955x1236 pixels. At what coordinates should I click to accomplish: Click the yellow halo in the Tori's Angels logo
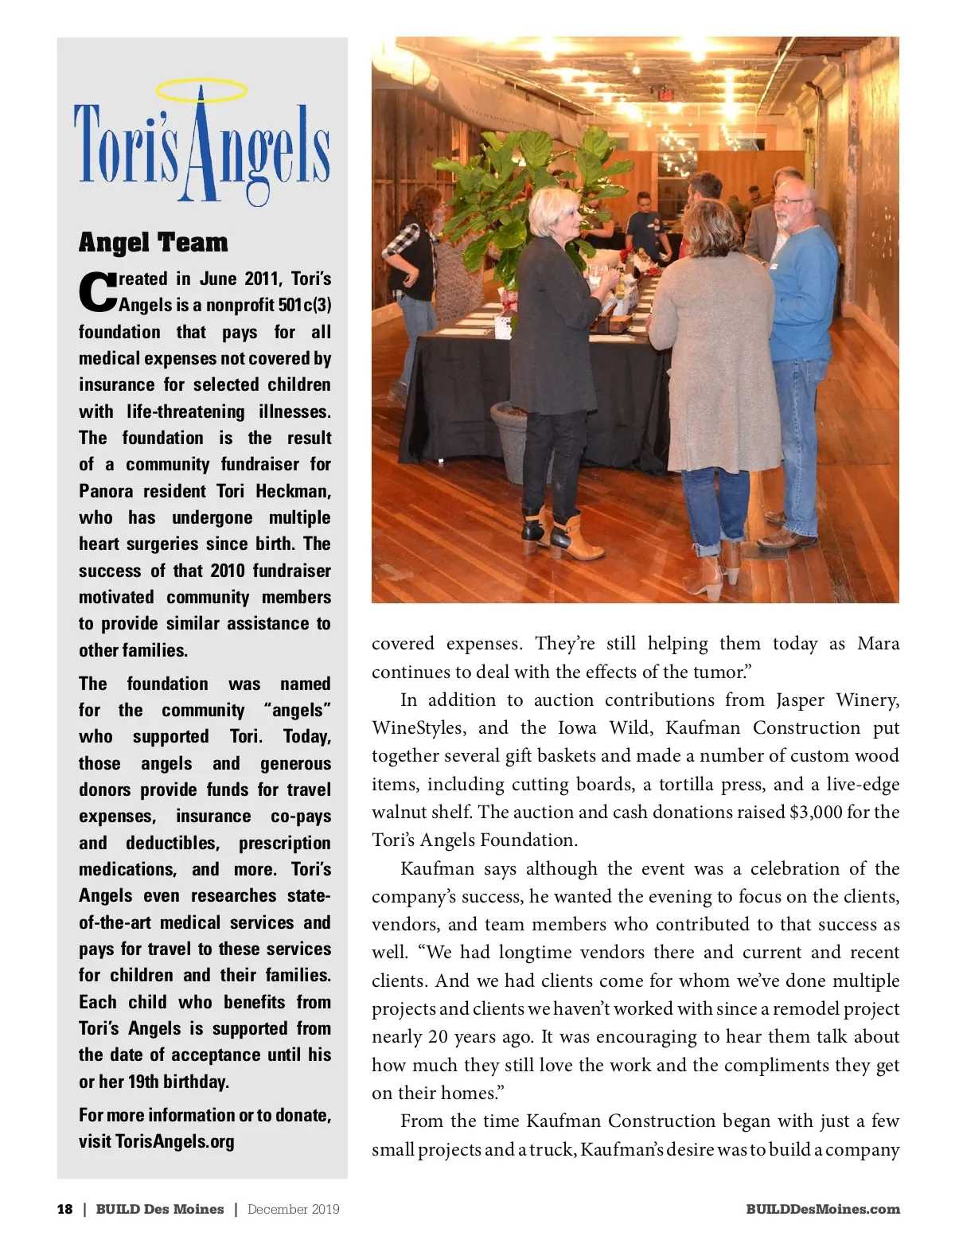pyautogui.click(x=201, y=90)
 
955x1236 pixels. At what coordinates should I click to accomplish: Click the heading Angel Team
pyautogui.click(x=154, y=242)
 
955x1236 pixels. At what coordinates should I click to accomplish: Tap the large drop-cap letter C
pyautogui.click(x=97, y=292)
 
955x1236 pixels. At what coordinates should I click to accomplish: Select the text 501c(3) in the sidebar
pyautogui.click(x=305, y=305)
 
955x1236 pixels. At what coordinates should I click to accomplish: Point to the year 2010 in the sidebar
pyautogui.click(x=228, y=571)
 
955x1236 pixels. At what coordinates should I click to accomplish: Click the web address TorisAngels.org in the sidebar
pyautogui.click(x=174, y=1141)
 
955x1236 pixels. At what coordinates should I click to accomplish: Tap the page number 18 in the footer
pyautogui.click(x=64, y=1209)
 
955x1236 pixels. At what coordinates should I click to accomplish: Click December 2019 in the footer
pyautogui.click(x=293, y=1209)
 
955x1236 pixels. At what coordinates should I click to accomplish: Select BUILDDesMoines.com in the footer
pyautogui.click(x=823, y=1209)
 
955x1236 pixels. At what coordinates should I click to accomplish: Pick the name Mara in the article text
pyautogui.click(x=878, y=643)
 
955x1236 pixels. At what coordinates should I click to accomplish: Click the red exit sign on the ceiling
pyautogui.click(x=666, y=96)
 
